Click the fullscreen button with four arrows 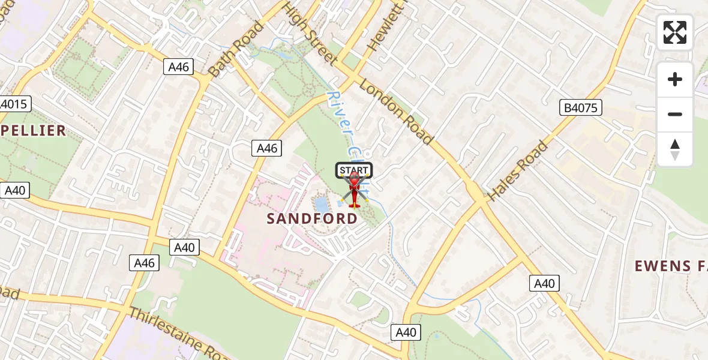[x=674, y=32]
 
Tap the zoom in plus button [x=675, y=79]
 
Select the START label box [x=353, y=170]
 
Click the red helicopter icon [x=354, y=190]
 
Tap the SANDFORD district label [x=312, y=218]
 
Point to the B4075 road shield [x=580, y=108]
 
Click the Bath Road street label [x=236, y=49]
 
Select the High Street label [x=309, y=33]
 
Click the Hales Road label [x=518, y=171]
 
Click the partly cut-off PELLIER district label [x=32, y=131]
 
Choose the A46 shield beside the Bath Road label [x=178, y=67]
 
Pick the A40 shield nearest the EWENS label [x=544, y=283]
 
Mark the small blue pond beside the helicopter [x=322, y=204]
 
